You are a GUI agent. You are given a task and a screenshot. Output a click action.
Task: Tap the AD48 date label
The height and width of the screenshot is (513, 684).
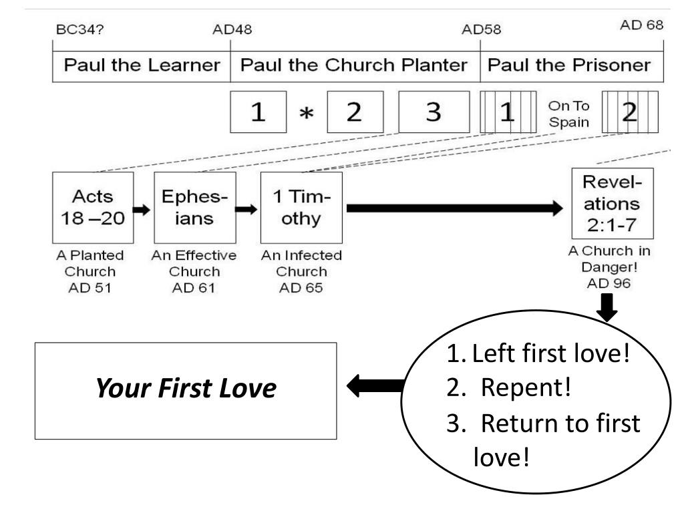point(232,29)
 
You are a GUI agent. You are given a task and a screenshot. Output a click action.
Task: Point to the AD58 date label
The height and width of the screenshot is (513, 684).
point(482,29)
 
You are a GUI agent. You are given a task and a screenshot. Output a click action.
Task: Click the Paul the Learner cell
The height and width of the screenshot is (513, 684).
point(141,65)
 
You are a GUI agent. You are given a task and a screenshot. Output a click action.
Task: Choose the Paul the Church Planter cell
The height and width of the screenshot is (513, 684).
point(355,65)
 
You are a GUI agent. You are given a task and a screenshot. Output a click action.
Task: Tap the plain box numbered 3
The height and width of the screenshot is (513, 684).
point(434,112)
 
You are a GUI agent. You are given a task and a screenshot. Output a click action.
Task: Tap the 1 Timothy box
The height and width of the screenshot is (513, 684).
point(301,207)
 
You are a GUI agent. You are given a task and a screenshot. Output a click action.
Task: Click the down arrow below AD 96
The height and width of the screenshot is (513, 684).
point(608,307)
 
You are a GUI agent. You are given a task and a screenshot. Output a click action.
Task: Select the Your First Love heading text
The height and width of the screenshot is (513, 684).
point(186,390)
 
